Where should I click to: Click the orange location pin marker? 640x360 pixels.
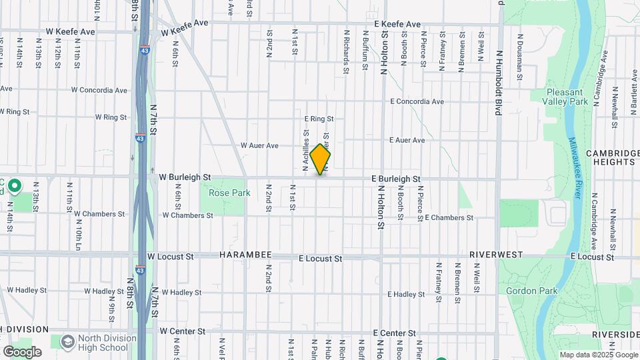coord(320,159)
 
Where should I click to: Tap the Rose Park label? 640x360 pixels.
coord(219,193)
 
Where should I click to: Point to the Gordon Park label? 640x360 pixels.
coord(525,291)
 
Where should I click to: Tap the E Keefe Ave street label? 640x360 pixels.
coord(397,24)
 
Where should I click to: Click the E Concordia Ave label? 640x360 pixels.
coord(417,102)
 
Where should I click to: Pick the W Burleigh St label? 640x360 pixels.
coord(185,177)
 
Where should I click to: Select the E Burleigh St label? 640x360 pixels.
coord(396,179)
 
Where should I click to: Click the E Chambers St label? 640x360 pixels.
coord(449,218)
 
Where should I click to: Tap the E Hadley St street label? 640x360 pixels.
coord(406,294)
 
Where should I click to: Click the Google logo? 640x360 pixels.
coord(22,352)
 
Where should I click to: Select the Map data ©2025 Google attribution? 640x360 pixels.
coord(597,355)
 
